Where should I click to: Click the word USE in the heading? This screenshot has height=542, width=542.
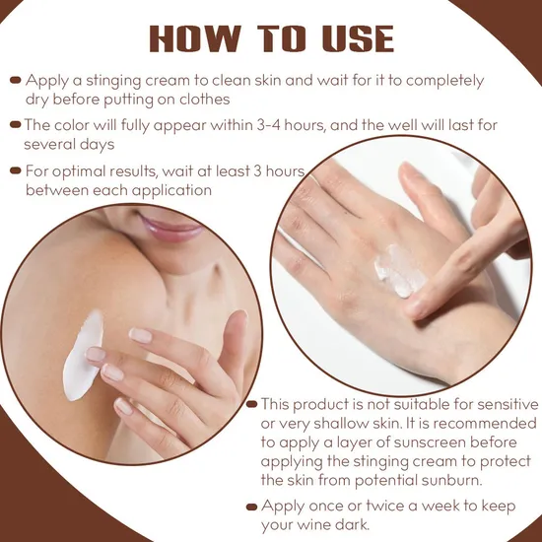point(358,38)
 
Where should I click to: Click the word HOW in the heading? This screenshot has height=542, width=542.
point(195,38)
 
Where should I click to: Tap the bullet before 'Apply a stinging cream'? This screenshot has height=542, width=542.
point(16,81)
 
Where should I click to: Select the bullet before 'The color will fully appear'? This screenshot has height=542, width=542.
point(16,124)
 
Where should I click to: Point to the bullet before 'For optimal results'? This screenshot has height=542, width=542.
point(16,170)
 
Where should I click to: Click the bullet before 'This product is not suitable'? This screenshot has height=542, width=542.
point(252,404)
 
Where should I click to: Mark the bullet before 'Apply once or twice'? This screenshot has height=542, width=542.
point(252,508)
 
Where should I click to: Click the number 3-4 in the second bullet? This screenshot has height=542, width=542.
point(269,125)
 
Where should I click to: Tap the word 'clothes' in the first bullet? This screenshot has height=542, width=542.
point(204,100)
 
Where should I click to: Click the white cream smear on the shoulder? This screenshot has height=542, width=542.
point(82,356)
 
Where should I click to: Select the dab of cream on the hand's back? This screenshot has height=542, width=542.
point(400,271)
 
